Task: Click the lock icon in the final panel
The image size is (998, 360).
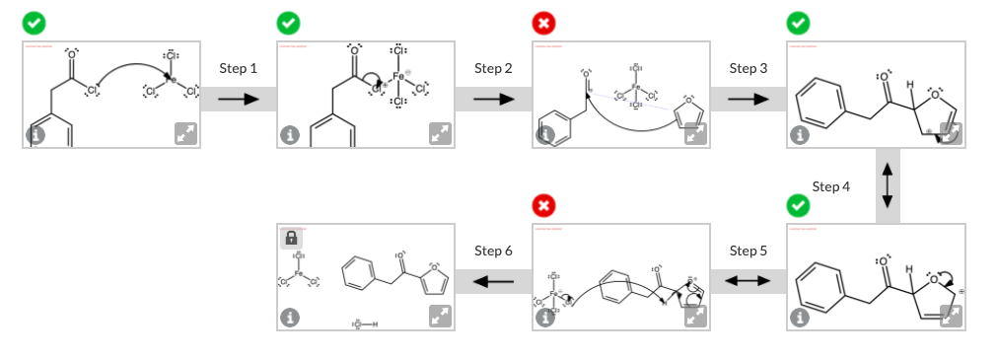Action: point(291,237)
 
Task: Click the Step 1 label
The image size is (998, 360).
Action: point(238,69)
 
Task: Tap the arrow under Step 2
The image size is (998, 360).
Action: point(493,99)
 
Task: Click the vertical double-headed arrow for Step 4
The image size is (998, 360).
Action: point(888,185)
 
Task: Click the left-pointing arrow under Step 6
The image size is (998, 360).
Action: point(493,281)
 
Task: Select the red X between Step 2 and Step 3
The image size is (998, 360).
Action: point(542,23)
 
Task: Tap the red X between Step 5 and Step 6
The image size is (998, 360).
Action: point(542,206)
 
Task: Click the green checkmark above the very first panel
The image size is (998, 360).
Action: point(33,23)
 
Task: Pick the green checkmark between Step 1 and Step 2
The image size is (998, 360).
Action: point(288,23)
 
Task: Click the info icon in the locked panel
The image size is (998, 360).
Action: point(290,318)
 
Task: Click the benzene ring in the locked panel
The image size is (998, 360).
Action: point(358,273)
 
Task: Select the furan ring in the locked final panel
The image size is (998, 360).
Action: point(434,282)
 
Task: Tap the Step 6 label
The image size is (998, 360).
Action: point(493,251)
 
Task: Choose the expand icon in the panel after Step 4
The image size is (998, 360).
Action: point(951,316)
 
